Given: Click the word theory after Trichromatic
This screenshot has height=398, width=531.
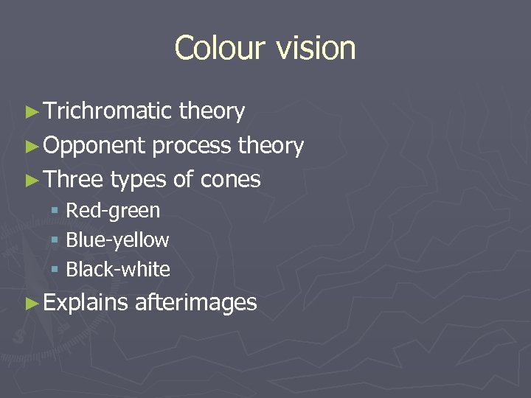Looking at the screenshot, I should click(212, 111).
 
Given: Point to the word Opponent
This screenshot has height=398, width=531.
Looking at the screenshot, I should click(94, 146).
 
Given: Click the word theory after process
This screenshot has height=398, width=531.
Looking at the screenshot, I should click(271, 146).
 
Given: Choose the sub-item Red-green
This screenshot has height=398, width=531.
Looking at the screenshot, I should click(112, 211).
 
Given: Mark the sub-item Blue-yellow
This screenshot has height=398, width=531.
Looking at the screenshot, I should click(117, 240).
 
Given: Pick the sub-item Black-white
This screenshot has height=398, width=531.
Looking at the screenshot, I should click(118, 270).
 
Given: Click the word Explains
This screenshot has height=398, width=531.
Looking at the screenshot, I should click(86, 302).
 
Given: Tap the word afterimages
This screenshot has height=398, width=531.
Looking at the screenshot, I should click(196, 302).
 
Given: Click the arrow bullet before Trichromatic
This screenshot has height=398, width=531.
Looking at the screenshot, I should click(31, 112).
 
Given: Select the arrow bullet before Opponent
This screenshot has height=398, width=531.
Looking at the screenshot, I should click(31, 147).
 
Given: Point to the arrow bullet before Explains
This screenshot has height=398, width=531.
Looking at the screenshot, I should click(31, 303).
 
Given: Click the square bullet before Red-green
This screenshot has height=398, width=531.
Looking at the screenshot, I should click(55, 212).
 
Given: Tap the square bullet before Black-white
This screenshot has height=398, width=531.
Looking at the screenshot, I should click(55, 270).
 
